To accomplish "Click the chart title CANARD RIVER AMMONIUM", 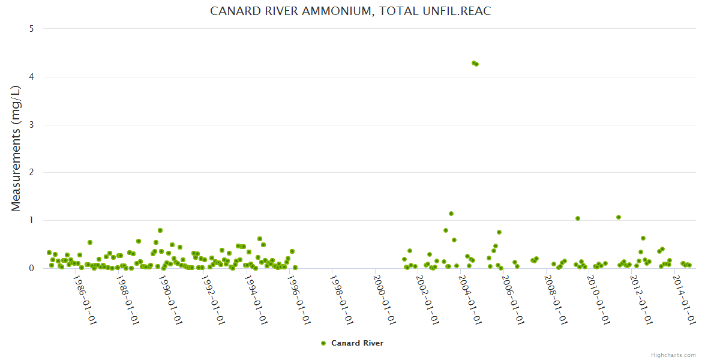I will point(350,11).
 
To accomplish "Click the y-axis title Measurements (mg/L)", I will point(16,148).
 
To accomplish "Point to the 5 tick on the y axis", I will point(31,29).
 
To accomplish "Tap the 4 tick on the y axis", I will point(31,77).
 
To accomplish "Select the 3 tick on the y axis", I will point(31,125).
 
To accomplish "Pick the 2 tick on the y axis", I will point(31,172).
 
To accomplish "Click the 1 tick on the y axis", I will point(31,220).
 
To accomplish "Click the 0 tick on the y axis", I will point(31,268).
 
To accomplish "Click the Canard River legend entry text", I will point(357,343).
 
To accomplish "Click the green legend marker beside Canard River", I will point(323,343).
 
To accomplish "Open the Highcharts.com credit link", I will point(673,355).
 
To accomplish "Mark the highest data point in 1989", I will point(160,230).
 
